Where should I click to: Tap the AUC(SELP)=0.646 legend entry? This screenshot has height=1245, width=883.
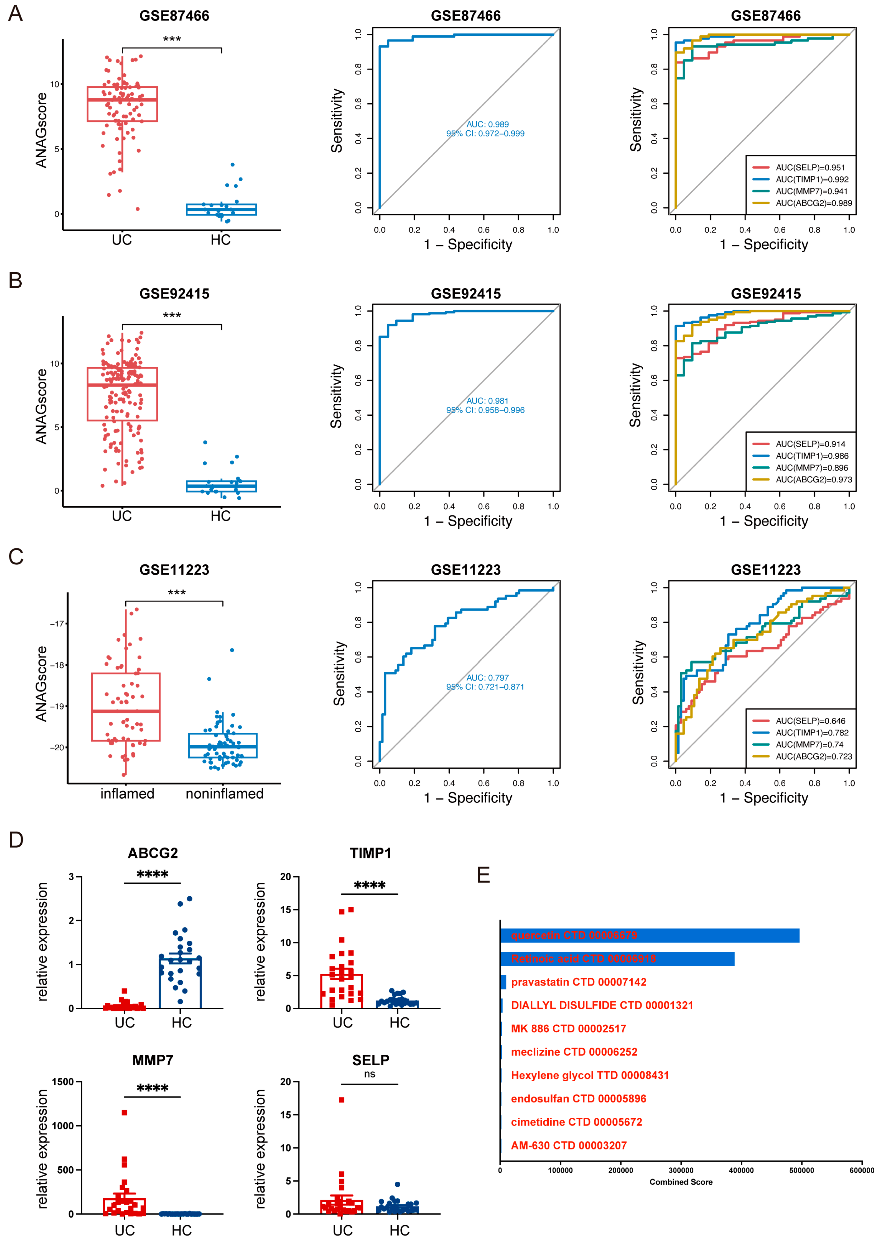click(810, 721)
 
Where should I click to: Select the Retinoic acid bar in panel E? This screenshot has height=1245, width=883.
click(617, 958)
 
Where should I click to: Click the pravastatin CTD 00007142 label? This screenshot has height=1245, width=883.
click(578, 982)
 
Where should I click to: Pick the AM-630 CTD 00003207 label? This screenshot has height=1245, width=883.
click(569, 1145)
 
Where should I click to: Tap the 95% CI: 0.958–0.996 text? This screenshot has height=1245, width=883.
click(486, 410)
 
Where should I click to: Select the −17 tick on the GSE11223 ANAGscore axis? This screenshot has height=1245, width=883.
click(56, 624)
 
